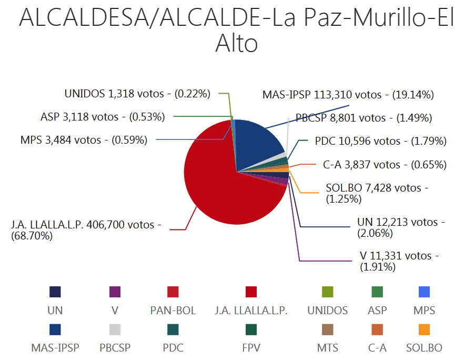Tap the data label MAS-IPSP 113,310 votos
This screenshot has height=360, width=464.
click(x=348, y=95)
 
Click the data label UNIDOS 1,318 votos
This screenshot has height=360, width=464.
click(x=137, y=94)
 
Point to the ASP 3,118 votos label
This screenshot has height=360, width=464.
click(x=103, y=117)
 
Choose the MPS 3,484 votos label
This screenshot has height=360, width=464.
click(x=84, y=140)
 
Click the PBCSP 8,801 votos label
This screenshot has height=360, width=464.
click(x=364, y=117)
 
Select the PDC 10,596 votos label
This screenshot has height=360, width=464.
click(x=380, y=141)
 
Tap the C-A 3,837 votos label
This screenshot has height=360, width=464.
click(x=385, y=165)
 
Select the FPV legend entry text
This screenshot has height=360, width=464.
click(x=251, y=348)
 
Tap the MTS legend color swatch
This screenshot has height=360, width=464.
click(x=328, y=329)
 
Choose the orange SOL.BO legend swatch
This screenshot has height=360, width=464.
click(x=424, y=329)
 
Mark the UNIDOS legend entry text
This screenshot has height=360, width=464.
click(x=328, y=311)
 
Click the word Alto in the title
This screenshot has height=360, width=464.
click(x=236, y=44)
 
